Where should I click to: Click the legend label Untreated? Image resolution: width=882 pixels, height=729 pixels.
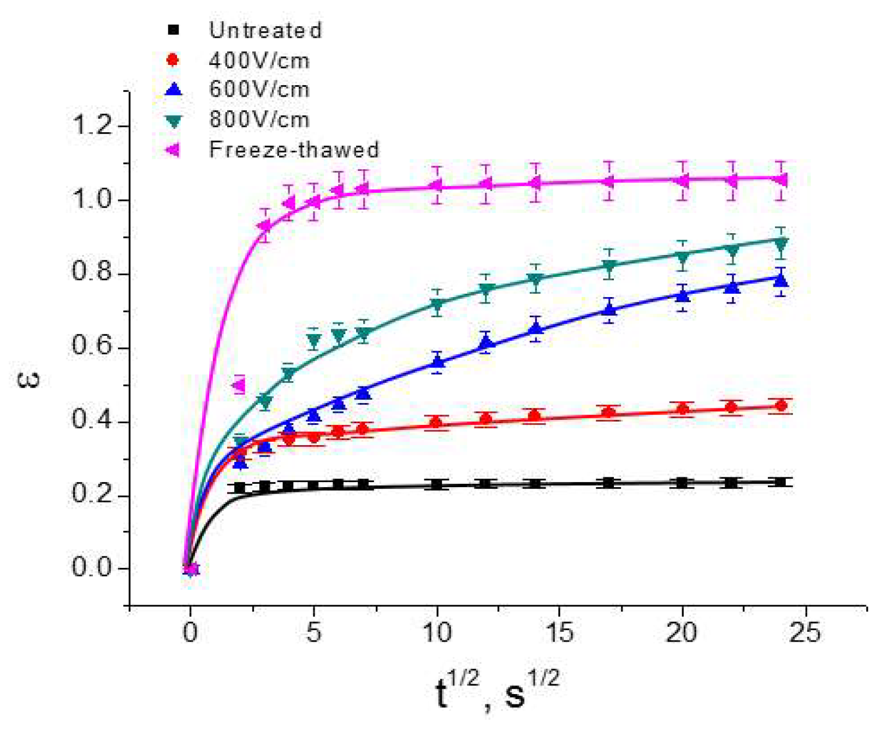point(265,30)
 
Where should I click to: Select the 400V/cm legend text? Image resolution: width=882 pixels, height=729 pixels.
point(259,60)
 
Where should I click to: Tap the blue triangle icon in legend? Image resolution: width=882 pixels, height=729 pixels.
point(173,89)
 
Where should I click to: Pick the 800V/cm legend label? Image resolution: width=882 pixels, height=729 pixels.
point(259,119)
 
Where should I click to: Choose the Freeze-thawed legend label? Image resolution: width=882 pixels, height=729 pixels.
point(294,149)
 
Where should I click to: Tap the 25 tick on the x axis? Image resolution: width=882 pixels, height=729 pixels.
point(805,633)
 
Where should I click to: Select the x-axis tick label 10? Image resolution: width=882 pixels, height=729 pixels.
point(436,633)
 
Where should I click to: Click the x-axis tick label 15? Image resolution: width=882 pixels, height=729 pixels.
point(559,633)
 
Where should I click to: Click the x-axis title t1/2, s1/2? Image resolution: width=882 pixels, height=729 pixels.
point(497,691)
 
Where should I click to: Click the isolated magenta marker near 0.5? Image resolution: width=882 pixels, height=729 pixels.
point(239,385)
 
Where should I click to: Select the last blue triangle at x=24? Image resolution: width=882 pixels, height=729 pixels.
point(780,280)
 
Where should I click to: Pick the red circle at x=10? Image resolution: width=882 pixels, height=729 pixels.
point(436,422)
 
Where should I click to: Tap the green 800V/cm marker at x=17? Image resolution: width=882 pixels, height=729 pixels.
point(609,266)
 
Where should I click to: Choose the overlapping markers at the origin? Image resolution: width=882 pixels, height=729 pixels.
point(191,569)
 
